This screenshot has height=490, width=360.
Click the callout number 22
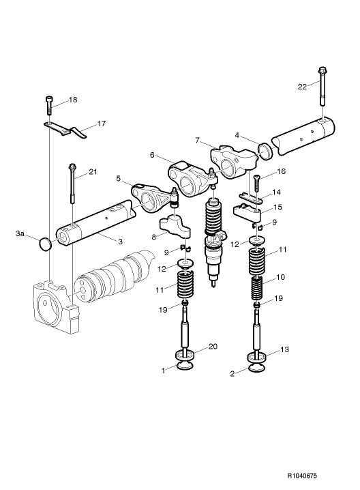(302, 86)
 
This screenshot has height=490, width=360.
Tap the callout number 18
(73, 100)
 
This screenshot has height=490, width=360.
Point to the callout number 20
(212, 347)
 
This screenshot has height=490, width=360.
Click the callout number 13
(285, 349)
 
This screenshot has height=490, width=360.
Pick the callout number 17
(101, 124)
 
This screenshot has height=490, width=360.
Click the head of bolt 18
(49, 100)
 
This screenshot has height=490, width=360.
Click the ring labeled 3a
(46, 244)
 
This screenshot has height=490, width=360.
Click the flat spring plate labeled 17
(68, 129)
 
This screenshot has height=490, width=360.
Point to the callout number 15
(277, 207)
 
